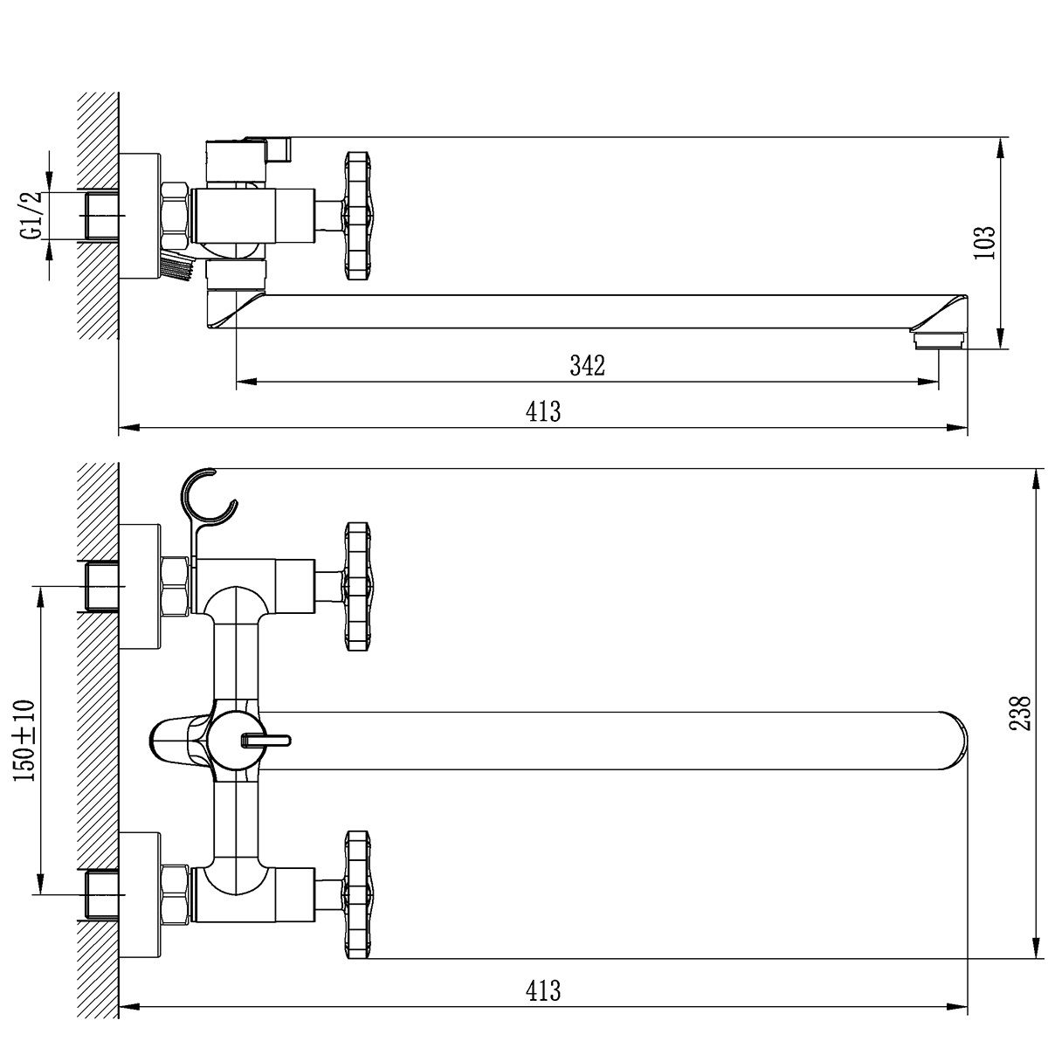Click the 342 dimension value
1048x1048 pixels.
click(587, 365)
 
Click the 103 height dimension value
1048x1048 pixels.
click(984, 243)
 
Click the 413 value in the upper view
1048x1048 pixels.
click(542, 411)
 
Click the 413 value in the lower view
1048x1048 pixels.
click(542, 990)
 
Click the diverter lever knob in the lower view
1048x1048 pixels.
click(266, 741)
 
